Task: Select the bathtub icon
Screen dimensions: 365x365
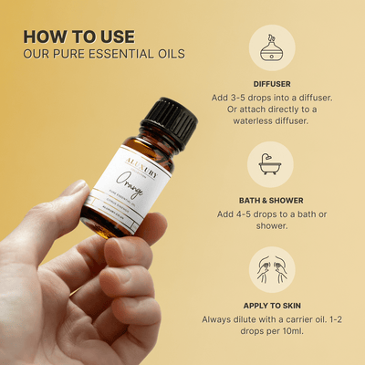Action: tap(271, 164)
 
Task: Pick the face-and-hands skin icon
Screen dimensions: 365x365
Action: tap(271, 270)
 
